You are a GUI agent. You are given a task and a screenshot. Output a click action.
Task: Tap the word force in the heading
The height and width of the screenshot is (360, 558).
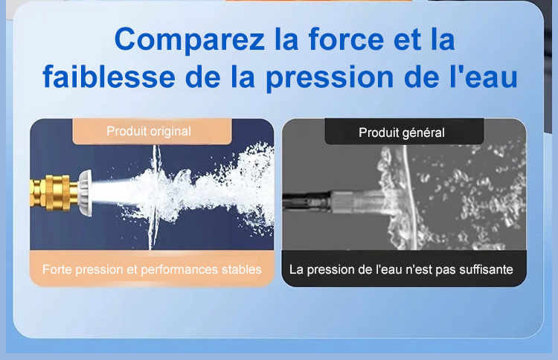click(x=346, y=39)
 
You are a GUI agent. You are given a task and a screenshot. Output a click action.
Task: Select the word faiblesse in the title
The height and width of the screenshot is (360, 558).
click(x=109, y=77)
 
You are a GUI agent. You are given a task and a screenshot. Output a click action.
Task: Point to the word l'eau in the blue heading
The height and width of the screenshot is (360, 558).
click(x=484, y=77)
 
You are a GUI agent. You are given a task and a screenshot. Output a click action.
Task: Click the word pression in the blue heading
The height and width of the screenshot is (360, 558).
click(x=330, y=78)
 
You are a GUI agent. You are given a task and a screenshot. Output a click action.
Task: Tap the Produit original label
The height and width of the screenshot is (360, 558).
click(x=149, y=131)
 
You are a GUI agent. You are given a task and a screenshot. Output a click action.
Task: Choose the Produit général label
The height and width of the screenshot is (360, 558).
click(x=402, y=132)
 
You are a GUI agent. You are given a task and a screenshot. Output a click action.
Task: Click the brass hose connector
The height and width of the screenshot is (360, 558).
click(x=54, y=193)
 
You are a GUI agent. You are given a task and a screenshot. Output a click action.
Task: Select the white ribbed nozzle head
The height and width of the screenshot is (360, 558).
click(x=86, y=193)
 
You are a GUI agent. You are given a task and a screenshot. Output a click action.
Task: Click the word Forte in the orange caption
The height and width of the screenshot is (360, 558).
click(x=57, y=269)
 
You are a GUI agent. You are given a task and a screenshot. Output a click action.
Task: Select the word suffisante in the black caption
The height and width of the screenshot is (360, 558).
click(x=486, y=270)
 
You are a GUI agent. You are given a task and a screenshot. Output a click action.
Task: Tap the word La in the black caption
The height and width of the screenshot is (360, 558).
click(x=296, y=270)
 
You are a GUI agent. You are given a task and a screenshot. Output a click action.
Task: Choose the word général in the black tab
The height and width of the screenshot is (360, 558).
click(x=423, y=133)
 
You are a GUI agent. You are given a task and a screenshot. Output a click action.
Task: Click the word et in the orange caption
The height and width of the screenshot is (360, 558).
click(x=132, y=270)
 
